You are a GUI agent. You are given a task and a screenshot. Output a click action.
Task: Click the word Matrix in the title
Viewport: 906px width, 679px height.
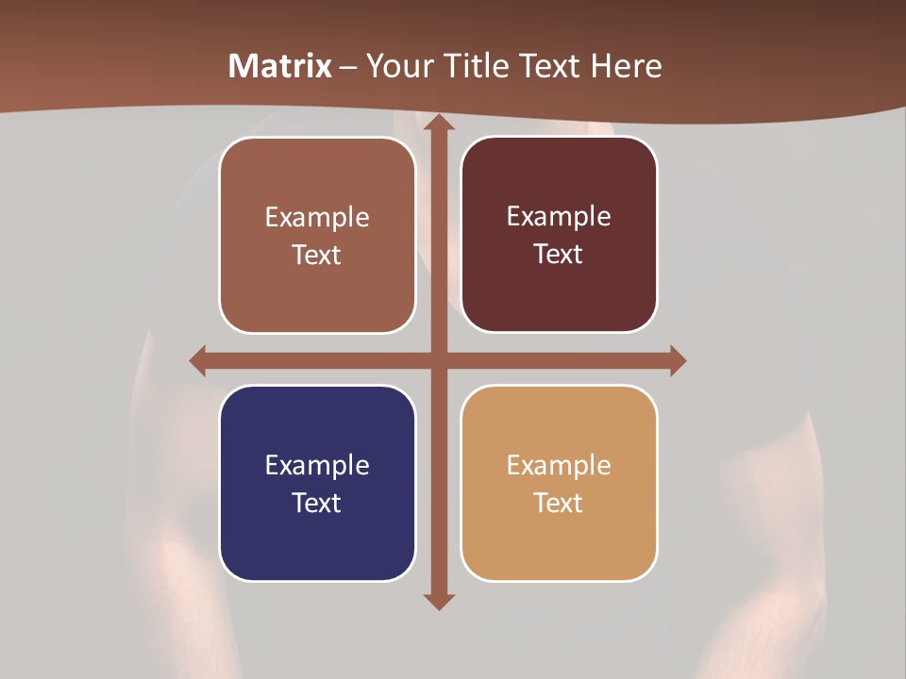point(280,66)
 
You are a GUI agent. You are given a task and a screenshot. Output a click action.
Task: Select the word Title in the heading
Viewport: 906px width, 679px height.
point(478,66)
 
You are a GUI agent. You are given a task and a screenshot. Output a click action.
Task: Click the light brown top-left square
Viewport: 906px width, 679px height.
point(317,235)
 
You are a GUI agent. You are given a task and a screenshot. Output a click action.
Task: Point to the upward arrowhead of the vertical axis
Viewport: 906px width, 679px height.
point(438,125)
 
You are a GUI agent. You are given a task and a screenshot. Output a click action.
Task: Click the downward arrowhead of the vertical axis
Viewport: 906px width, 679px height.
point(438,600)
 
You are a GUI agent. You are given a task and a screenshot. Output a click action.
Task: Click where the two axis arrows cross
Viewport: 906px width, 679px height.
point(438,360)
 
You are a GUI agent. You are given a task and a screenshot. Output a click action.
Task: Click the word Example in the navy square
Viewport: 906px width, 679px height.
point(317,465)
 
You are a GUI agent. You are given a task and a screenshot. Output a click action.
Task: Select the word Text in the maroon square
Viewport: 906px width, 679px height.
point(559,255)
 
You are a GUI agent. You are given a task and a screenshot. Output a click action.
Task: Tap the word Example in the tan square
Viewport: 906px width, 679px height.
point(559,465)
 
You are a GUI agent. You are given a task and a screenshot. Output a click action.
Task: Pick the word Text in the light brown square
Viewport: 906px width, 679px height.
point(317,256)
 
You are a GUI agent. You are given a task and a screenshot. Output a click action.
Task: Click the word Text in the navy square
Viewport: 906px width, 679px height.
point(317,503)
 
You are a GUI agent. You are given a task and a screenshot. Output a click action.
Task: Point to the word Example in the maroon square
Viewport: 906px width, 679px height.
point(559,217)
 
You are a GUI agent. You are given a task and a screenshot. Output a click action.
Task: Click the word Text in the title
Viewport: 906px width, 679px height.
point(549,66)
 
